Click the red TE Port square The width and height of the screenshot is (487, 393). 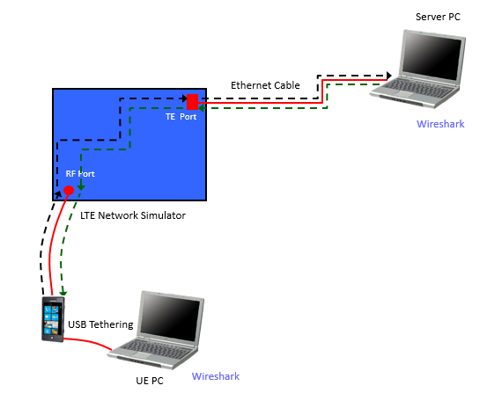(193, 102)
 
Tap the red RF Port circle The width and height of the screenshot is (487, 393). (69, 190)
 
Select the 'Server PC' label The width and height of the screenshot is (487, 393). (438, 17)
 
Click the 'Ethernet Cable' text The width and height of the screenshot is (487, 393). (265, 85)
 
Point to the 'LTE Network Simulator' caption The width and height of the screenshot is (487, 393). (133, 215)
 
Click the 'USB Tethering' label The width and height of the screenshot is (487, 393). (100, 324)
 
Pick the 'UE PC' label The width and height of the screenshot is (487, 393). (150, 381)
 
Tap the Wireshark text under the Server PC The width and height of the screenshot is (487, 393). (440, 124)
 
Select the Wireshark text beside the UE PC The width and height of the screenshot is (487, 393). (216, 376)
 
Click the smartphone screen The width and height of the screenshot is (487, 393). (51, 320)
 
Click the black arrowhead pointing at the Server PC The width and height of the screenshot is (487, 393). (389, 76)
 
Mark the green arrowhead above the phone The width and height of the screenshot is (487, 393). (63, 293)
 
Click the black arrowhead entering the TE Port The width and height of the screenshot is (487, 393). (184, 98)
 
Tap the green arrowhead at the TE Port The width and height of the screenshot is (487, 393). (202, 108)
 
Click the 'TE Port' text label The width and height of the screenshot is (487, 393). (181, 117)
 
